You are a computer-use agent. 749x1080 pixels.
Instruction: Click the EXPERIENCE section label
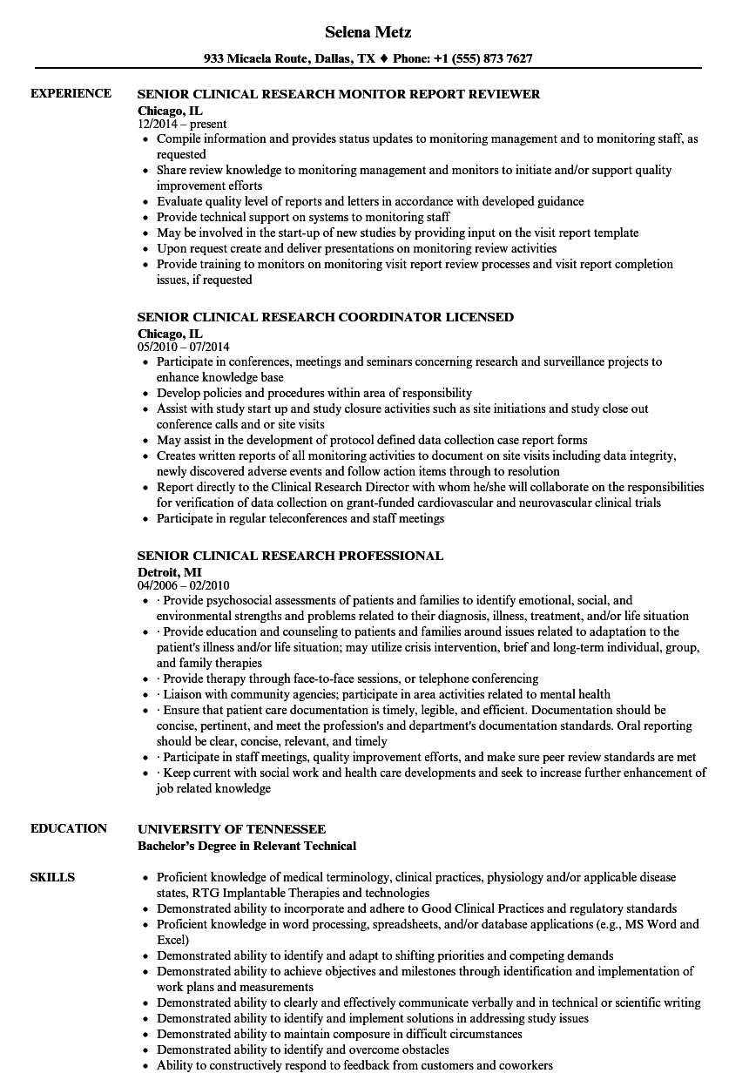click(71, 93)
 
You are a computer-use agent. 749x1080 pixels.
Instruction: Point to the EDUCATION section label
click(69, 828)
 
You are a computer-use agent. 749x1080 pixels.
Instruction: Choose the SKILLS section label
click(52, 877)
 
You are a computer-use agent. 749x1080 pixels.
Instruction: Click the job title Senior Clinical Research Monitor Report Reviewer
click(339, 94)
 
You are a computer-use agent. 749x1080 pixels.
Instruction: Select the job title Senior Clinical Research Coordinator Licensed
click(326, 317)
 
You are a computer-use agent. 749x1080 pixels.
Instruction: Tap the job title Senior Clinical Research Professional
click(291, 556)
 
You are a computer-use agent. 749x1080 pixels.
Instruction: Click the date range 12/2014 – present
click(183, 125)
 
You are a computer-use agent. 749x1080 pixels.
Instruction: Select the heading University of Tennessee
click(232, 829)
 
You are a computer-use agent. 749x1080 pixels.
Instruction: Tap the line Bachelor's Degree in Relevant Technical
click(247, 846)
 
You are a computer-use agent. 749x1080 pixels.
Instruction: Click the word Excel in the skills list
click(172, 940)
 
